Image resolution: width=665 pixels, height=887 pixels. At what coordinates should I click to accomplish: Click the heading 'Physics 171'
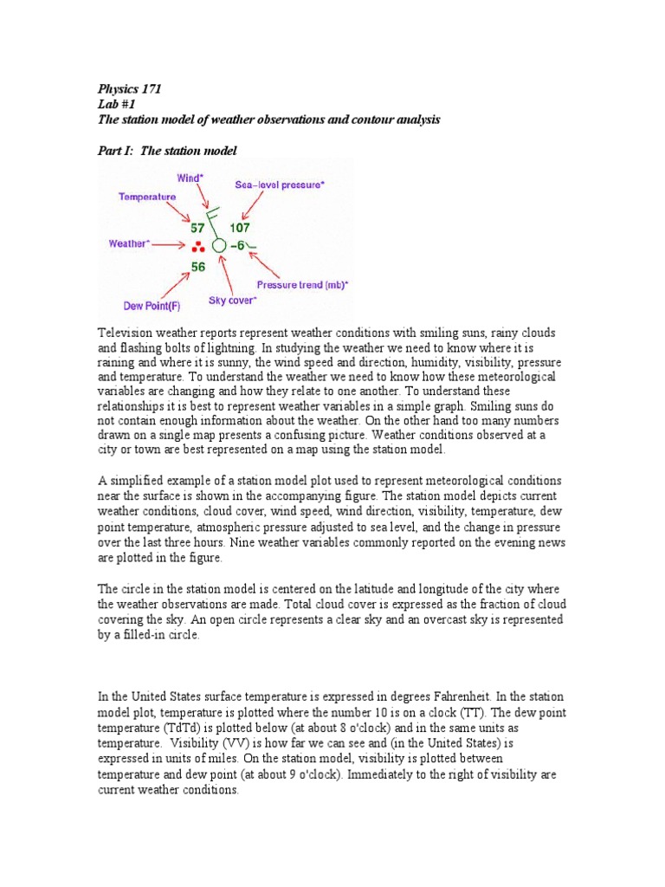click(x=129, y=88)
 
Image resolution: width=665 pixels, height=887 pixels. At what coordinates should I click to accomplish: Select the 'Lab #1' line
click(x=116, y=104)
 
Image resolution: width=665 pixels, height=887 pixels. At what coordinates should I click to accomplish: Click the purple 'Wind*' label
click(x=190, y=178)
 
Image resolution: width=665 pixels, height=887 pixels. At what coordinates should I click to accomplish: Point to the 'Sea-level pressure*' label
click(x=280, y=185)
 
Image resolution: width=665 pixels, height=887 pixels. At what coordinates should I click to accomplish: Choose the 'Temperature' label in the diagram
click(x=147, y=197)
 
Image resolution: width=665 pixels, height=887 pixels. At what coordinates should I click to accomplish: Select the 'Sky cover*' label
click(x=232, y=301)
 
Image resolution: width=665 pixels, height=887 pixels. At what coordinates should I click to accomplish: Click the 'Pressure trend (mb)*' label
click(x=302, y=284)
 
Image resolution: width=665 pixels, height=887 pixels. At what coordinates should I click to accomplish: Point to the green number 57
click(x=198, y=227)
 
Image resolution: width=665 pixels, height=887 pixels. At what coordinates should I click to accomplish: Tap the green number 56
click(x=198, y=268)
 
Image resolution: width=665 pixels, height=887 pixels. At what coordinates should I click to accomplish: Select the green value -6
click(x=237, y=246)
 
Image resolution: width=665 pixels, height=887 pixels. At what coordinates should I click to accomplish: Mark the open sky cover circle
click(x=219, y=246)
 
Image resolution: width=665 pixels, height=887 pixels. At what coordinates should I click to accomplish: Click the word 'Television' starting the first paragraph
click(x=126, y=333)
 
